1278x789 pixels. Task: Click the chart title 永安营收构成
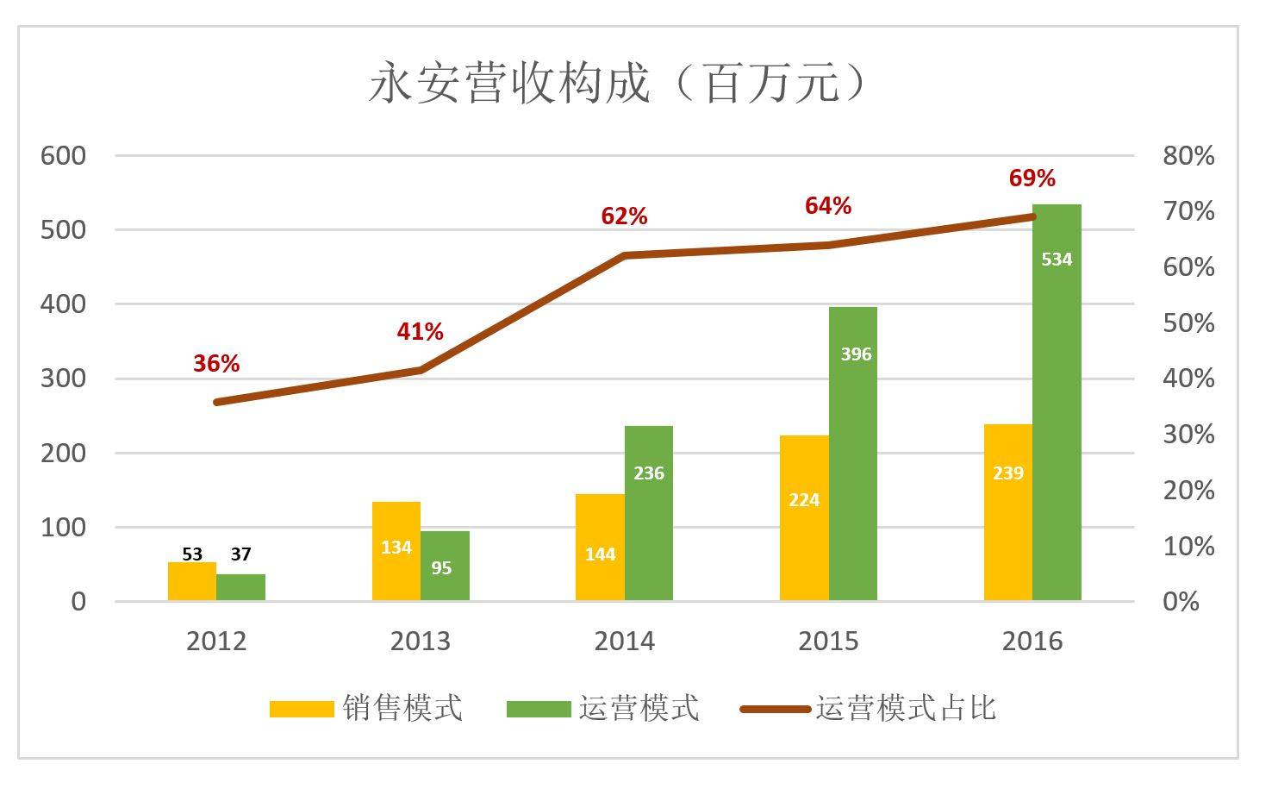(617, 85)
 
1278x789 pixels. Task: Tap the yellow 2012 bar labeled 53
(192, 581)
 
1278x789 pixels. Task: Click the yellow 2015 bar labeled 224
(804, 517)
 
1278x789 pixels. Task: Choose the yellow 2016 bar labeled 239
(1007, 512)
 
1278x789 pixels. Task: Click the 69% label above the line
(1032, 178)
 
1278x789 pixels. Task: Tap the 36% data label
(216, 364)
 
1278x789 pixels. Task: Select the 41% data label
(420, 332)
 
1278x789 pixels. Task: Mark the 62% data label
(624, 216)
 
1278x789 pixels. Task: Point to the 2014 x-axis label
(624, 642)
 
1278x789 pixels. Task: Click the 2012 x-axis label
(216, 642)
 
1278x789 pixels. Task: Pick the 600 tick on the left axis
(64, 156)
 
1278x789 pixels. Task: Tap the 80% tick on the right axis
(1188, 156)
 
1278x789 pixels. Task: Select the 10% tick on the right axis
(1188, 546)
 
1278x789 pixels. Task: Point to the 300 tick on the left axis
(64, 379)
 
